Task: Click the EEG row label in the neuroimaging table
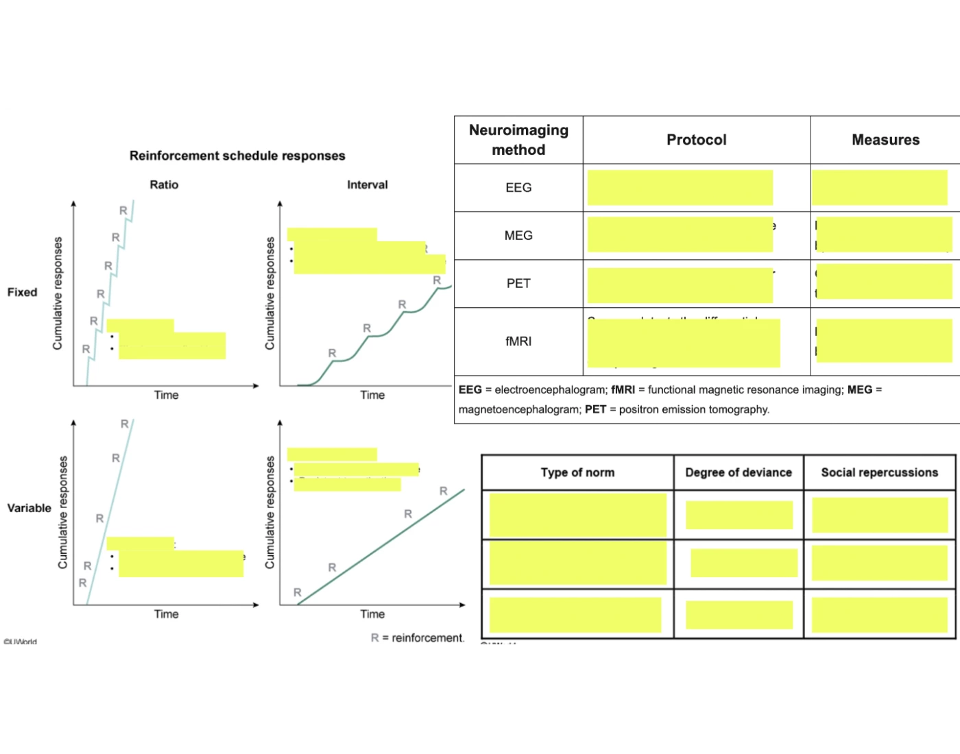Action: (518, 188)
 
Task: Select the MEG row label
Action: (518, 236)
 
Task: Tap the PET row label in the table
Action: (518, 284)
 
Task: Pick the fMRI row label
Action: (518, 341)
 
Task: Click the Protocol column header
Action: (696, 140)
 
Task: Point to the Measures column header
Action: (885, 140)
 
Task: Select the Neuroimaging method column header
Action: (518, 140)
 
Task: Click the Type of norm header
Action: (577, 472)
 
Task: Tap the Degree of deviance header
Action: (739, 472)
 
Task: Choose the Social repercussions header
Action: (879, 472)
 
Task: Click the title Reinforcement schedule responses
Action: (237, 156)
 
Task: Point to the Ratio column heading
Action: (164, 185)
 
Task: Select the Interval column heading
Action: (367, 185)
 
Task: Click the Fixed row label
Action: (22, 292)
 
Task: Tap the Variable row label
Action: (29, 508)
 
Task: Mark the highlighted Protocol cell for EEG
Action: (680, 188)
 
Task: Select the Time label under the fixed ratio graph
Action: (166, 395)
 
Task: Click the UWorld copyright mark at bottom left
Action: (21, 642)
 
